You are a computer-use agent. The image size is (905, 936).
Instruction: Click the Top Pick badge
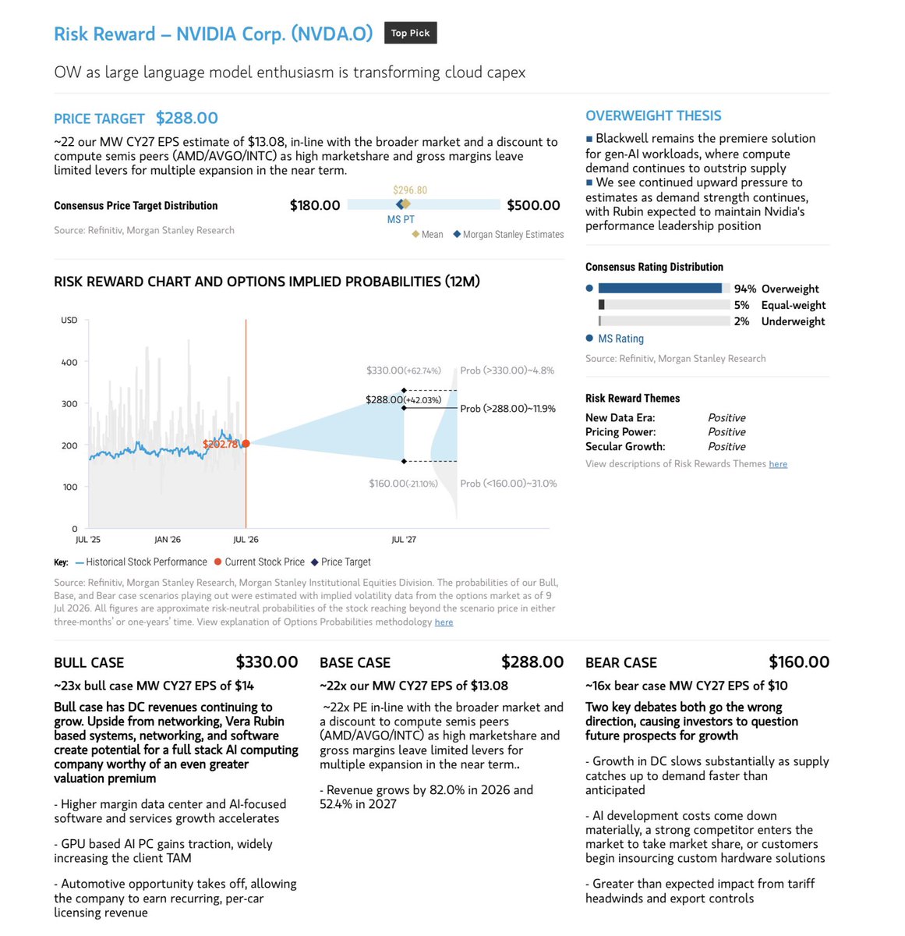pos(410,33)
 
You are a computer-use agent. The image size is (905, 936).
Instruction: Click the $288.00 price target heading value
pos(186,118)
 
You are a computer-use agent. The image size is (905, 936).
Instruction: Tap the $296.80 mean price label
pos(410,190)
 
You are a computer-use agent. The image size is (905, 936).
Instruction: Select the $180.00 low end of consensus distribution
pos(315,205)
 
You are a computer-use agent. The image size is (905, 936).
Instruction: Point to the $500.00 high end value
pos(533,205)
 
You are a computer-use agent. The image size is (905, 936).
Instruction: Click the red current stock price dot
pos(246,444)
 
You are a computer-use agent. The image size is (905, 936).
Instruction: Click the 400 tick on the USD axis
pos(69,362)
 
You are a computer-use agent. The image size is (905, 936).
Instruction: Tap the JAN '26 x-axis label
pos(168,539)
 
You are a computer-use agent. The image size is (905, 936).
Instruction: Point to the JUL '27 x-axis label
pos(404,539)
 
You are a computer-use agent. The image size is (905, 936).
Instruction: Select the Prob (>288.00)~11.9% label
pos(507,409)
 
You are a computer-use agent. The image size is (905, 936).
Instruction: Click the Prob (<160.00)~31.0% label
pos(508,484)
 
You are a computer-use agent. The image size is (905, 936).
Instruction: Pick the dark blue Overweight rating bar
pos(660,288)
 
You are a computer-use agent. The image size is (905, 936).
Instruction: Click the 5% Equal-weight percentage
pos(741,305)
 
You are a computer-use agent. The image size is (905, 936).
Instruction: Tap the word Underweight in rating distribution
pos(793,321)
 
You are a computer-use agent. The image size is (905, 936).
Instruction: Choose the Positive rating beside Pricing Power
pos(726,432)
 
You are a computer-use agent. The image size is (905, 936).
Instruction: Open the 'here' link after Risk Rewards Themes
pos(778,463)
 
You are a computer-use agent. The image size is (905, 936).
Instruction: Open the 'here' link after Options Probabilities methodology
pos(444,622)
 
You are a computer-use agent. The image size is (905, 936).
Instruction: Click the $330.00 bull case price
pos(267,662)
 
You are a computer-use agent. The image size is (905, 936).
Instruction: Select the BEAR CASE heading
pos(621,662)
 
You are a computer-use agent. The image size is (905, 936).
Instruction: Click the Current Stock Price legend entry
pos(260,562)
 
